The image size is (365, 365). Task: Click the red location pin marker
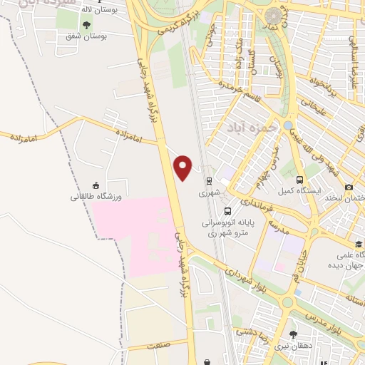pyautogui.click(x=183, y=167)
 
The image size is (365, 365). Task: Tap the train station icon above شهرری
pyautogui.click(x=209, y=180)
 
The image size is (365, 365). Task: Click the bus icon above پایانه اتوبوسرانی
pyautogui.click(x=227, y=211)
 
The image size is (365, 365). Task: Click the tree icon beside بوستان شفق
pyautogui.click(x=87, y=26)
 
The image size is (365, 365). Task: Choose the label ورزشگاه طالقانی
pyautogui.click(x=96, y=196)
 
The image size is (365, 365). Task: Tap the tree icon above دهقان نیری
pyautogui.click(x=293, y=334)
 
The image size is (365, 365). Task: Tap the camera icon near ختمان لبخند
pyautogui.click(x=349, y=187)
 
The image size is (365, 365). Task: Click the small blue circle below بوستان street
pyautogui.click(x=287, y=125)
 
